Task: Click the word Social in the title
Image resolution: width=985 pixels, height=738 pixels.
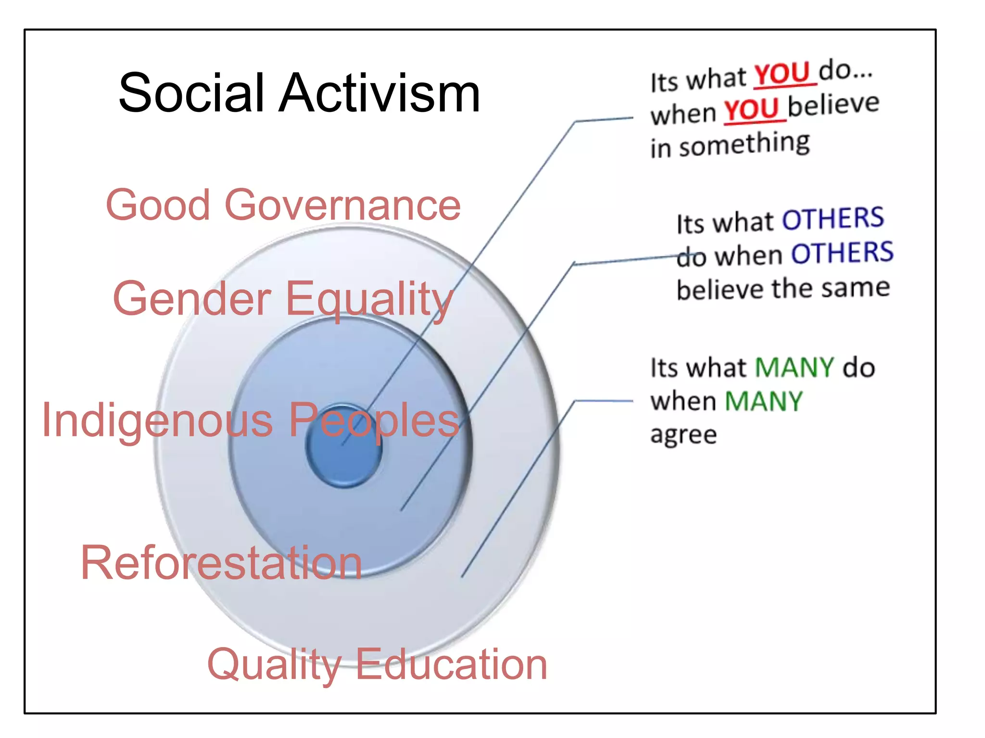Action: [x=191, y=93]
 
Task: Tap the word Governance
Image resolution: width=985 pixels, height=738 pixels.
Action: [x=342, y=206]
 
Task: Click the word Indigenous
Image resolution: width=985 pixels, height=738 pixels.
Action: [x=157, y=421]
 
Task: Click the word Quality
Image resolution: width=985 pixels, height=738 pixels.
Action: [x=274, y=665]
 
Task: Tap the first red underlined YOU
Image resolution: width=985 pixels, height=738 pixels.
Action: [x=783, y=74]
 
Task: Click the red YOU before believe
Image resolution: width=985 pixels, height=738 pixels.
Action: [x=751, y=110]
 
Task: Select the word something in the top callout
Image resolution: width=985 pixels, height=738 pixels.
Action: [x=744, y=144]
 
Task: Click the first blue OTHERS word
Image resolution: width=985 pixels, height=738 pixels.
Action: [x=833, y=219]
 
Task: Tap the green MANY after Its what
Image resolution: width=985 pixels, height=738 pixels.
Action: [x=794, y=368]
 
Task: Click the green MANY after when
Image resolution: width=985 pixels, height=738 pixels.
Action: [x=763, y=401]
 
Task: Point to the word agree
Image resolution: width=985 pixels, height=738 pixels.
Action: [x=683, y=435]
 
